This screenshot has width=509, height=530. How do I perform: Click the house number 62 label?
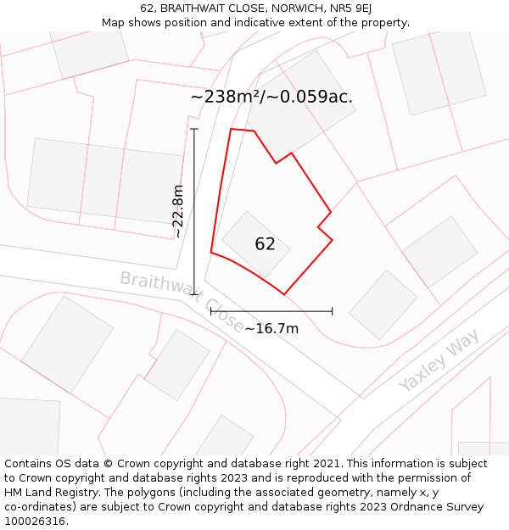pyautogui.click(x=265, y=244)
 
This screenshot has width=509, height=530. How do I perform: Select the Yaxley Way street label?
pyautogui.click(x=439, y=360)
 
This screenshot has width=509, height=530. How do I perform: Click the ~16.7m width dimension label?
pyautogui.click(x=271, y=328)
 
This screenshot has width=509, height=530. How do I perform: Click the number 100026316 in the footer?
pyautogui.click(x=33, y=522)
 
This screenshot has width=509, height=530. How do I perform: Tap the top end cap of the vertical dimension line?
pyautogui.click(x=194, y=129)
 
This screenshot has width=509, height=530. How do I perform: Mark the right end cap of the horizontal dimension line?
pyautogui.click(x=332, y=311)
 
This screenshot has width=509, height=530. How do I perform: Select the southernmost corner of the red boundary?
pyautogui.click(x=284, y=294)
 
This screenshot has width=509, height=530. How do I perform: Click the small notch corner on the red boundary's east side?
pyautogui.click(x=318, y=227)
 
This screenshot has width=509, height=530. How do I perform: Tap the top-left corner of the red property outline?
pyautogui.click(x=232, y=130)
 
